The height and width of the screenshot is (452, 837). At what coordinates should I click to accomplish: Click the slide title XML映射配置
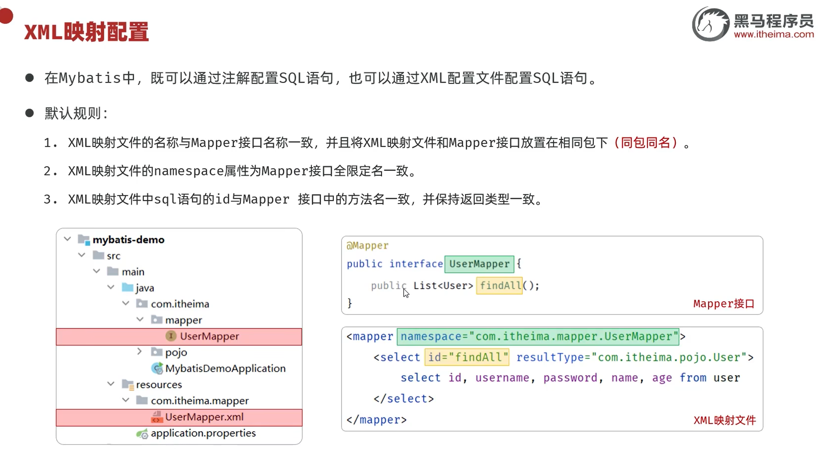coord(86,32)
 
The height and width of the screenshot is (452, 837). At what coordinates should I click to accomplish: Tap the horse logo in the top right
coord(711,24)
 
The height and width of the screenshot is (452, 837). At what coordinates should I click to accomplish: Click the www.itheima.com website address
coord(774,35)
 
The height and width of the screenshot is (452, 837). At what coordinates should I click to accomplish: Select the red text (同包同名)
coord(646,143)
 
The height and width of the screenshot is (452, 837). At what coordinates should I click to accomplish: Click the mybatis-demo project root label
coord(129,240)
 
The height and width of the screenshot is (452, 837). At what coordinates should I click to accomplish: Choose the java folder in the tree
coord(145,288)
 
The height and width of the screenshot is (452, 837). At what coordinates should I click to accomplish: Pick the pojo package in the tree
coord(176,352)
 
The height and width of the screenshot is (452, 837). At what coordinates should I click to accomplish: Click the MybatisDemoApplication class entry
coord(225,368)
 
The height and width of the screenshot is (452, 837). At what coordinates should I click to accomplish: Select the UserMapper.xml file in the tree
coord(204,417)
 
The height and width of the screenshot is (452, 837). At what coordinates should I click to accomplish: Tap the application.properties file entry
coord(203,433)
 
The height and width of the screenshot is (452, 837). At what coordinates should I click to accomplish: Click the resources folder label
coord(159,384)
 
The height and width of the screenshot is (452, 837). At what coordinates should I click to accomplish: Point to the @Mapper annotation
coord(368,245)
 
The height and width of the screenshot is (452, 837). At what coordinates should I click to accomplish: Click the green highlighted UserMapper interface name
coord(479,264)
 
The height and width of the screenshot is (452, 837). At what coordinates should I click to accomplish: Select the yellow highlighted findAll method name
coord(500,286)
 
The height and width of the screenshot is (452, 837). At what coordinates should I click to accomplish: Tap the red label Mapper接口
coord(724,304)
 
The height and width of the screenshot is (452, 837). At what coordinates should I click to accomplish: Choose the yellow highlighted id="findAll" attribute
coord(467,357)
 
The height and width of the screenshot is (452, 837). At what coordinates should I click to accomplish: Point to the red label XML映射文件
coord(724,420)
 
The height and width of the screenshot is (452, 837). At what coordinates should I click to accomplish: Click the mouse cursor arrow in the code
coord(406,293)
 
